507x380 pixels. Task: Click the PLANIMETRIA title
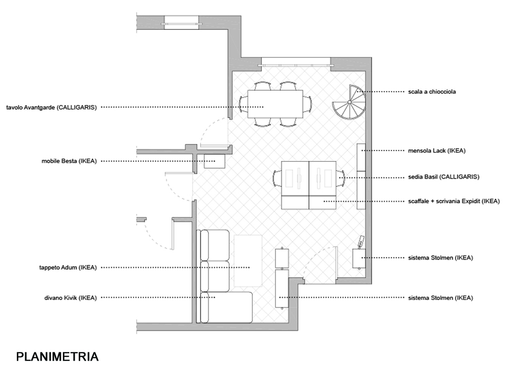[57, 357]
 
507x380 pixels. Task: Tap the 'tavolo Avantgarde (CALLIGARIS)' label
[51, 107]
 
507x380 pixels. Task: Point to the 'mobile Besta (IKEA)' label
[69, 161]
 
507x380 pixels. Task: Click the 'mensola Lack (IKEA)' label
[436, 150]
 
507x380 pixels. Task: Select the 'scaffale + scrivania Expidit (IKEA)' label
[454, 201]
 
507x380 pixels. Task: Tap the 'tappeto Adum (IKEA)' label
[67, 267]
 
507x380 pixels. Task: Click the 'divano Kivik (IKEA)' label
[70, 297]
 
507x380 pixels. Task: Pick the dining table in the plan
[275, 103]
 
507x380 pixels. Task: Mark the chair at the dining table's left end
[243, 103]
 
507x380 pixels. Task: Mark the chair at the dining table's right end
[308, 103]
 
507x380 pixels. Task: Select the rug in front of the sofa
[248, 260]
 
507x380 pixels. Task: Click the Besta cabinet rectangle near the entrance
[215, 161]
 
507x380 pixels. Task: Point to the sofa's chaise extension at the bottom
[233, 307]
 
